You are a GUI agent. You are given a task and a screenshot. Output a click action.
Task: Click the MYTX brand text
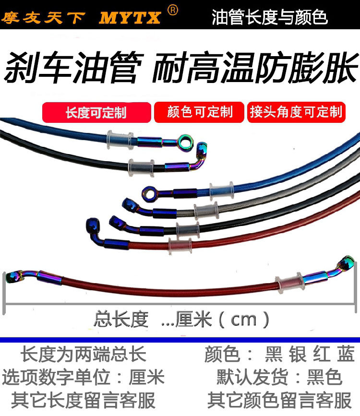coord(130,18)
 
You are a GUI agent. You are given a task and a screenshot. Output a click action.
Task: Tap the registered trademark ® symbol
coord(173,10)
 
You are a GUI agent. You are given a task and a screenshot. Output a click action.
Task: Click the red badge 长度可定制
coord(96,112)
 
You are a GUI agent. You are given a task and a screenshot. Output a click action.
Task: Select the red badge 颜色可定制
coord(199,112)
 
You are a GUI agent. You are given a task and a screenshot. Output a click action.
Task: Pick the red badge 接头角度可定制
coord(296,112)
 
